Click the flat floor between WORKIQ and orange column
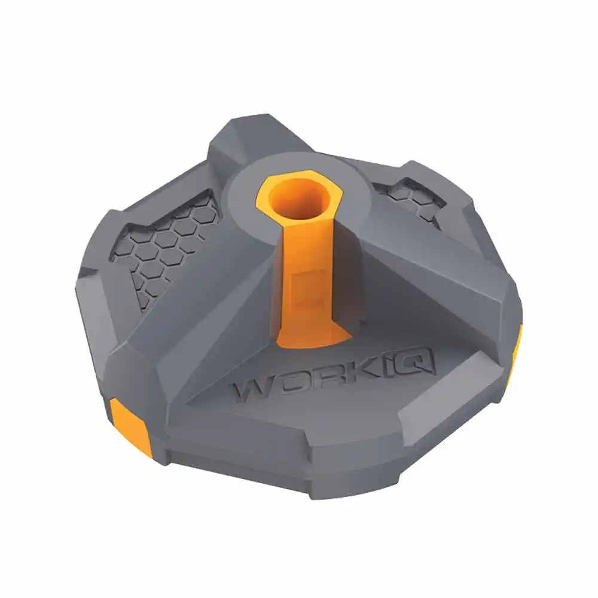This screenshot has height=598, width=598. click(335, 353)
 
